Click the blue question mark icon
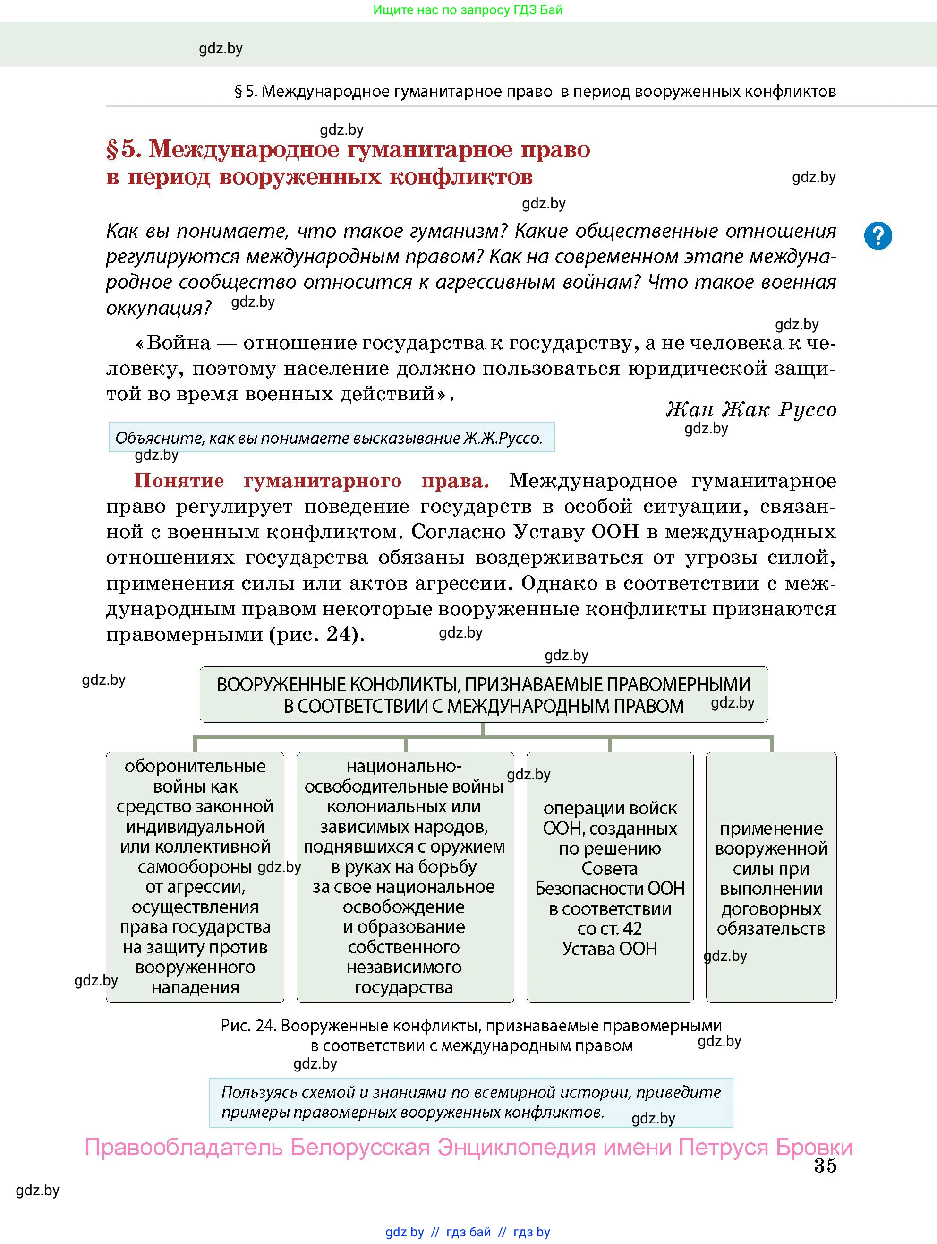[x=877, y=236]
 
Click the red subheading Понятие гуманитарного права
[x=311, y=481]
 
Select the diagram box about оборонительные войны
[x=195, y=876]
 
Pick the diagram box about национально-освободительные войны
[x=405, y=876]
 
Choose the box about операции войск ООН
[x=610, y=876]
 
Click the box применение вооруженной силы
[x=771, y=876]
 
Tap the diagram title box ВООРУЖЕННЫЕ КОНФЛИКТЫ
[x=484, y=694]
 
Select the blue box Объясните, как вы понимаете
[x=331, y=438]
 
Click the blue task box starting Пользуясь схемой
[x=470, y=1102]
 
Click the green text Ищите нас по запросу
[x=468, y=9]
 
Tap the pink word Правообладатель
[x=183, y=1147]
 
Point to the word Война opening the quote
[x=178, y=343]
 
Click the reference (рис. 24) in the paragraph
[x=317, y=634]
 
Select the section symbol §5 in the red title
[x=122, y=149]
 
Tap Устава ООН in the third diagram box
[x=610, y=949]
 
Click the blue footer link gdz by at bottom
[x=404, y=1232]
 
